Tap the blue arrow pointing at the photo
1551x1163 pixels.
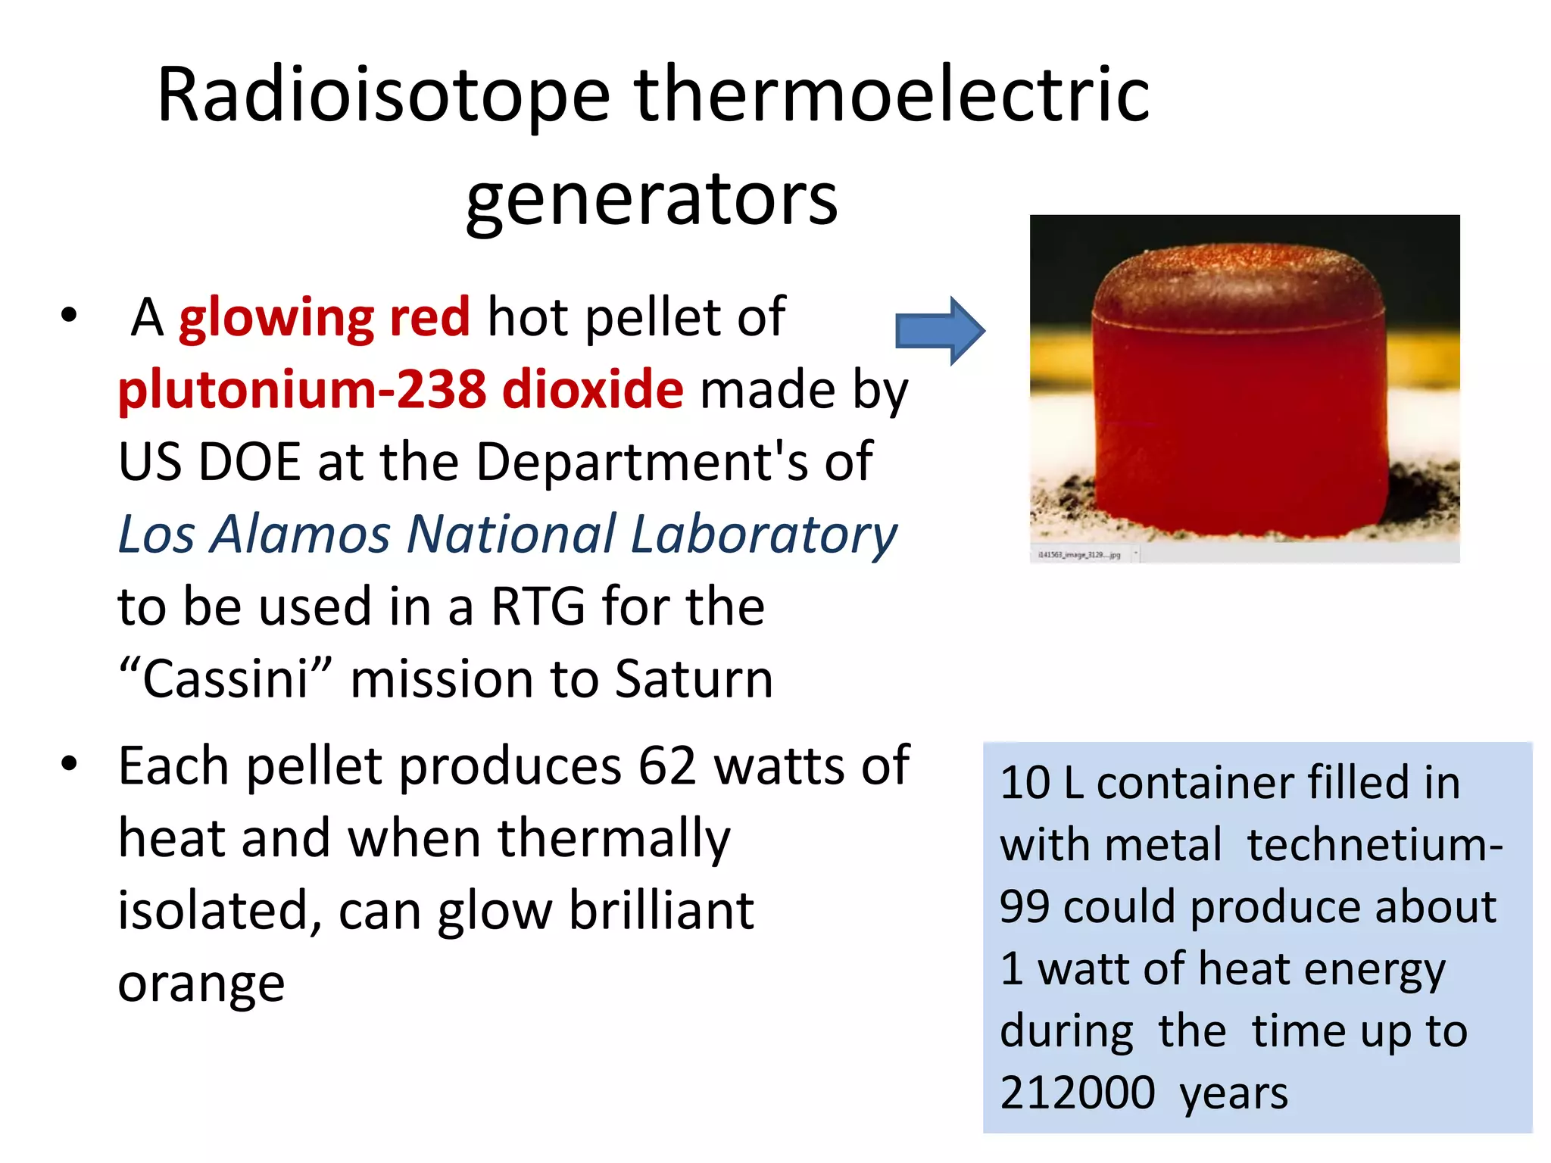pyautogui.click(x=939, y=331)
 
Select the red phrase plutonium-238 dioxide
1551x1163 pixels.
pyautogui.click(x=401, y=389)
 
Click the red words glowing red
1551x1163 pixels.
pyautogui.click(x=324, y=316)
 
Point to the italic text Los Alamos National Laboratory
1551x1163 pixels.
pyautogui.click(x=507, y=535)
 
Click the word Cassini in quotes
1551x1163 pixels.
pyautogui.click(x=226, y=678)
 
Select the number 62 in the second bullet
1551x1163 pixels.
pyautogui.click(x=666, y=765)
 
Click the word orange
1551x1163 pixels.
pyautogui.click(x=201, y=983)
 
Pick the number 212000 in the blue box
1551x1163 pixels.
pyautogui.click(x=1077, y=1093)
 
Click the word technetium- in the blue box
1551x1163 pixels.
pyautogui.click(x=1375, y=844)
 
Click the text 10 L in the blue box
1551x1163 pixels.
pyautogui.click(x=1041, y=782)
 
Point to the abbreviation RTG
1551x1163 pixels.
pyautogui.click(x=538, y=606)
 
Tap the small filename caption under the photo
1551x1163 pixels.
pyautogui.click(x=1078, y=555)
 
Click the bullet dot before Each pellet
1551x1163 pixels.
pyautogui.click(x=69, y=763)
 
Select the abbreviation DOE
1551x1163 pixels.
pyautogui.click(x=249, y=461)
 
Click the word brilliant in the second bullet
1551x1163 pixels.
pyautogui.click(x=661, y=910)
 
